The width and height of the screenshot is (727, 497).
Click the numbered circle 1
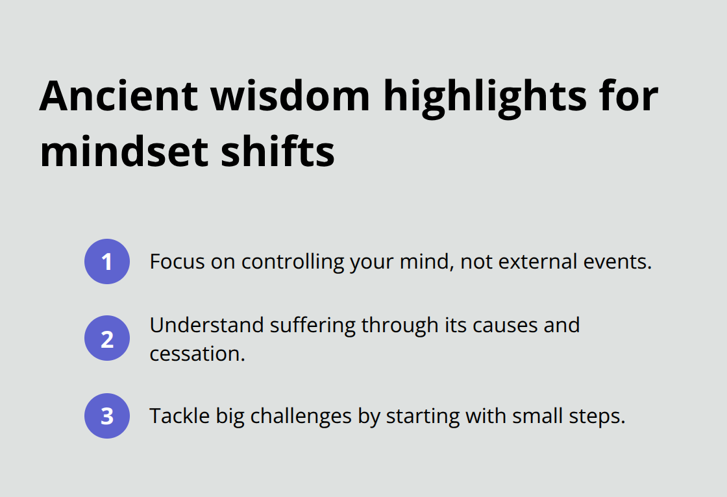107,261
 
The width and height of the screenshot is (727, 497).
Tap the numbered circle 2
107,338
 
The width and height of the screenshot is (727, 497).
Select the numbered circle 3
107,416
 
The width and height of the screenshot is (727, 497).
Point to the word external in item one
541,261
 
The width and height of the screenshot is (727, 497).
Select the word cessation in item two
197,354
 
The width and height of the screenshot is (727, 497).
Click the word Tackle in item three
175,416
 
